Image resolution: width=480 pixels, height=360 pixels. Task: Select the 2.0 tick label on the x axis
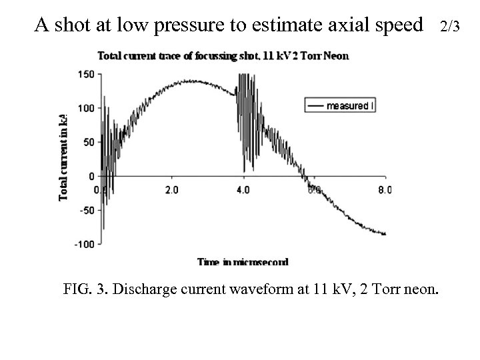point(171,189)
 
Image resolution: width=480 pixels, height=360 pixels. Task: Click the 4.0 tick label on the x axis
point(243,189)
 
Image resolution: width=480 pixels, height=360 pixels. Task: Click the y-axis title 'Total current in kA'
point(64,157)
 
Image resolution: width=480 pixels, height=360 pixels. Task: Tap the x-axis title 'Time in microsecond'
point(242,263)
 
